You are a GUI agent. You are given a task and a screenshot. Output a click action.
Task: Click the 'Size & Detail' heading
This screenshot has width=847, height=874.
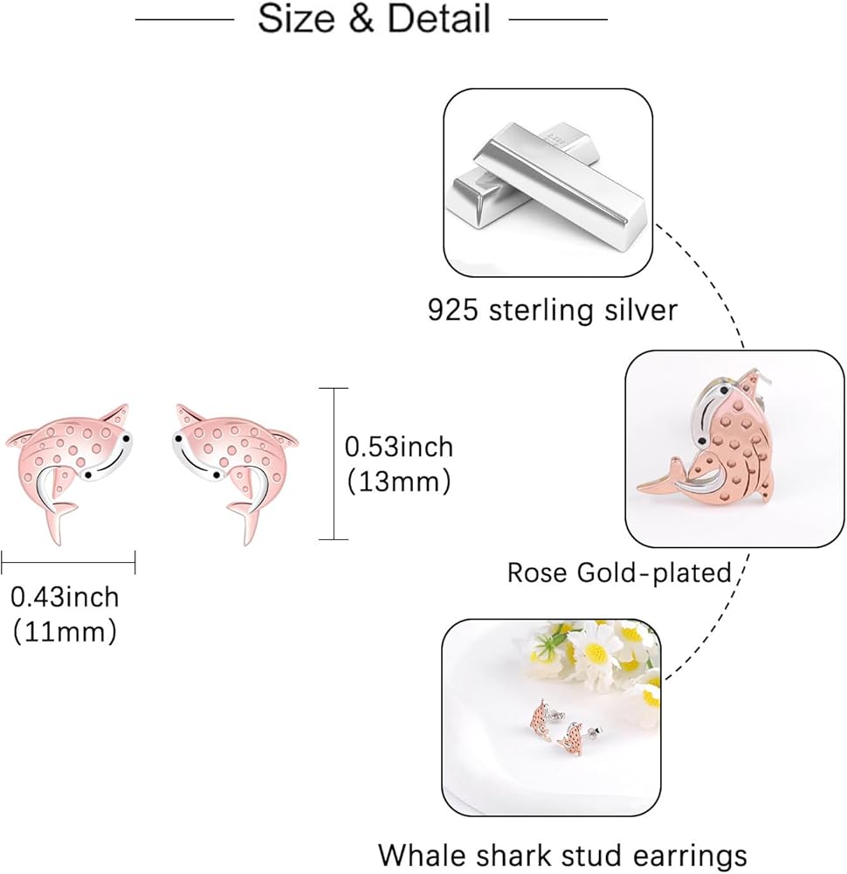374,19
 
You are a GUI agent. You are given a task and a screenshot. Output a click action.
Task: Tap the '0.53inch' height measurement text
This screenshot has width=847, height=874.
399,447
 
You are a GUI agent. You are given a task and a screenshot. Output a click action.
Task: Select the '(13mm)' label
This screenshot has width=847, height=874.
398,480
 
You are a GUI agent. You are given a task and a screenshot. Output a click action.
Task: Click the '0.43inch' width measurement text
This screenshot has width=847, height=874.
65,597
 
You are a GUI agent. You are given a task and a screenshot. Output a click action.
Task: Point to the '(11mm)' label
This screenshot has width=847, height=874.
65,630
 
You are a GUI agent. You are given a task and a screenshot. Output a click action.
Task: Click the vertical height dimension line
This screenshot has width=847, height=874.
334,463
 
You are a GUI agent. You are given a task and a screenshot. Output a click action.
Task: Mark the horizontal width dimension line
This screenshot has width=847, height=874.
68,563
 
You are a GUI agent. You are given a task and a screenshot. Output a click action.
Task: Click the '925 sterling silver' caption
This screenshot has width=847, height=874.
552,309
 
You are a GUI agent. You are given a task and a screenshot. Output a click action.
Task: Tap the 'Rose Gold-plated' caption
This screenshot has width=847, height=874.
619,572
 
